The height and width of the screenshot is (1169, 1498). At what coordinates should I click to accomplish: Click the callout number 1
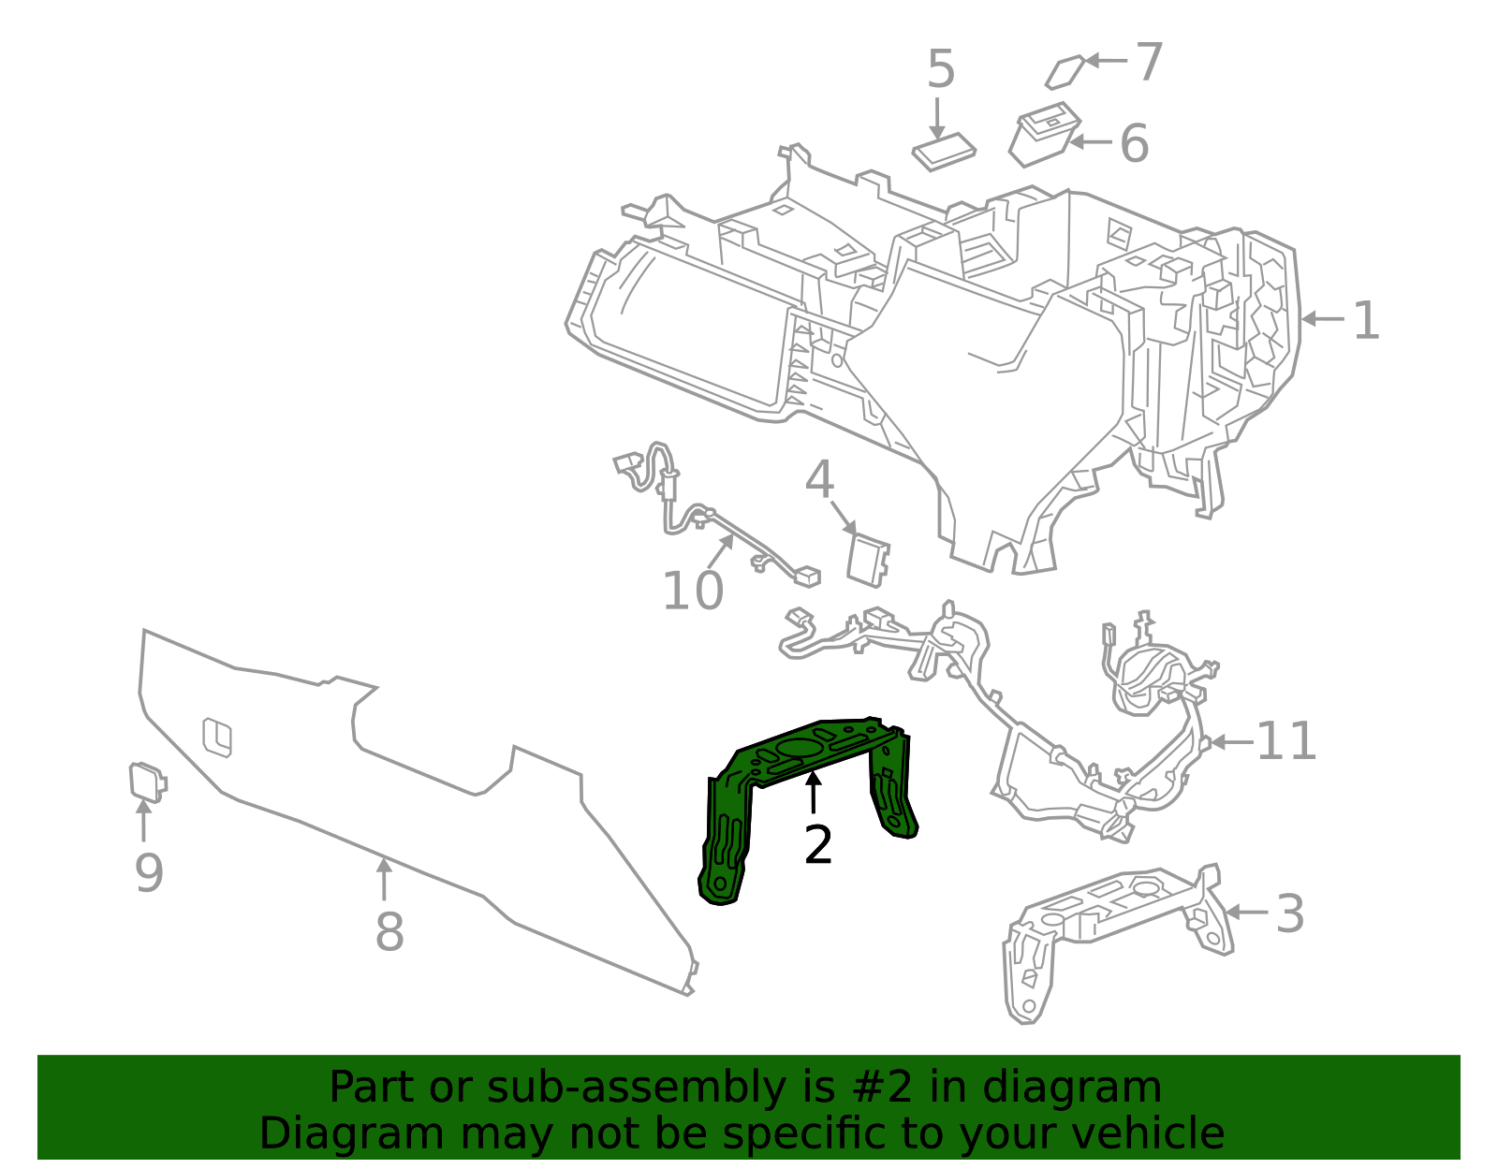1366,320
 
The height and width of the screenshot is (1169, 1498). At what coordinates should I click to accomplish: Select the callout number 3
1290,914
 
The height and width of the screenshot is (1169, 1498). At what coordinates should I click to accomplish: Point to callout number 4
819,479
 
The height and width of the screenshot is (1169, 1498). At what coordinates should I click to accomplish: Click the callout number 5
941,69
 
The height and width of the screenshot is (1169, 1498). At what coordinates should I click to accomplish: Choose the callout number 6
1135,143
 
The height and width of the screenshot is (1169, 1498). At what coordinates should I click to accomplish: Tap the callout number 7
1149,62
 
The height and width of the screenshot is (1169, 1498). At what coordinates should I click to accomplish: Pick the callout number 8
389,931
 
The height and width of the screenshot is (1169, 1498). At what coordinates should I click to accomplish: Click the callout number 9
149,873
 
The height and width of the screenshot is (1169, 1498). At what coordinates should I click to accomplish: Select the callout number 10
693,591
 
